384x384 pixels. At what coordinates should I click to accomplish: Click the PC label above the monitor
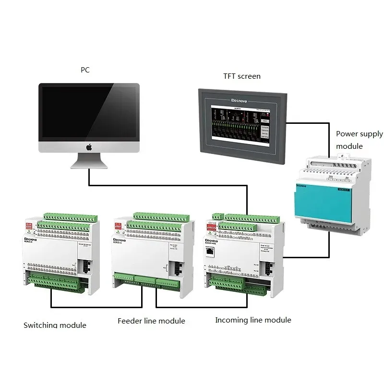pyautogui.click(x=85, y=70)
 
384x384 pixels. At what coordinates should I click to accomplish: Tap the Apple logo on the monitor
pyautogui.click(x=89, y=147)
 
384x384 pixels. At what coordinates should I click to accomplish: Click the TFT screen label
pyautogui.click(x=242, y=76)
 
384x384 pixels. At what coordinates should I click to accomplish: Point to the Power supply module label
pyautogui.click(x=359, y=140)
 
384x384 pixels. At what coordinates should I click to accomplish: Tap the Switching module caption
pyautogui.click(x=55, y=325)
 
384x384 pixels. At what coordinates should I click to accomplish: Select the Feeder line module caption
pyautogui.click(x=151, y=321)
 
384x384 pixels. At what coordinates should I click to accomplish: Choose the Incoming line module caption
pyautogui.click(x=253, y=320)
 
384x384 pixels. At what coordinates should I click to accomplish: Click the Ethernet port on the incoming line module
pyautogui.click(x=212, y=251)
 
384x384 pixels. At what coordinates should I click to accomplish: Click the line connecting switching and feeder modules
pyautogui.click(x=96, y=307)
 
